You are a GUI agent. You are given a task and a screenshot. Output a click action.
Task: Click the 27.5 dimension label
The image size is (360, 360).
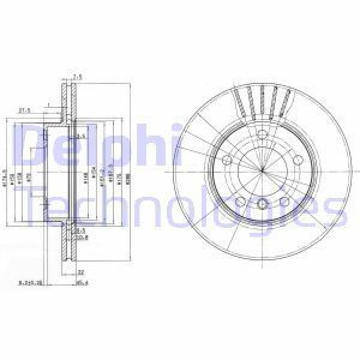point(25,110)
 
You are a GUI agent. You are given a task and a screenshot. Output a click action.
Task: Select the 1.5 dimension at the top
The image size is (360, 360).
point(76,76)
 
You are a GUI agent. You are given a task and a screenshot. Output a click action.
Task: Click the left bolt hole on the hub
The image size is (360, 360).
point(229,161)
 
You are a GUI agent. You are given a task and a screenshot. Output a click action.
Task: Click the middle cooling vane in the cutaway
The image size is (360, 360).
point(262,99)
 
